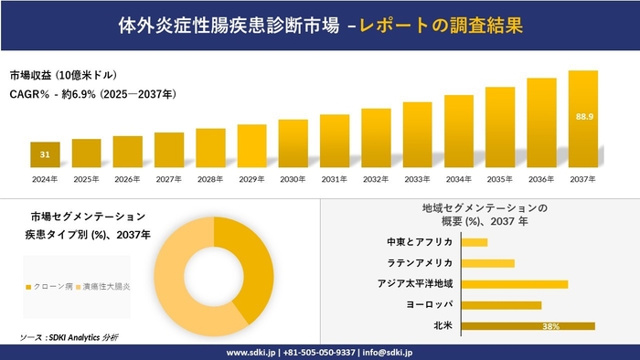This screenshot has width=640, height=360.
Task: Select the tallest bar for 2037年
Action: click(x=582, y=119)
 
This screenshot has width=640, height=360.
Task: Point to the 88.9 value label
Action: click(x=583, y=117)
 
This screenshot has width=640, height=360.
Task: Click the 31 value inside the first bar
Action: click(x=45, y=154)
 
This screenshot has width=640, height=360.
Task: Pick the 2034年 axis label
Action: click(x=458, y=179)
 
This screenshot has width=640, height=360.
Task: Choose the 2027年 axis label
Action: click(x=169, y=179)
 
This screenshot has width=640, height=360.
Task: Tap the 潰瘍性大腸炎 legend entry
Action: click(x=102, y=287)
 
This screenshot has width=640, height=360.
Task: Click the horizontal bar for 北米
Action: click(x=528, y=325)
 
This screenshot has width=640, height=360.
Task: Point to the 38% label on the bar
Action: click(x=550, y=325)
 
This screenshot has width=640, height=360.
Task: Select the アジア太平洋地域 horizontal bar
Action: click(x=515, y=284)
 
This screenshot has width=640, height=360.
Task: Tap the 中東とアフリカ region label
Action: click(x=421, y=242)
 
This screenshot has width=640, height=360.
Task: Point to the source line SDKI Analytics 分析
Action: click(x=69, y=338)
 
